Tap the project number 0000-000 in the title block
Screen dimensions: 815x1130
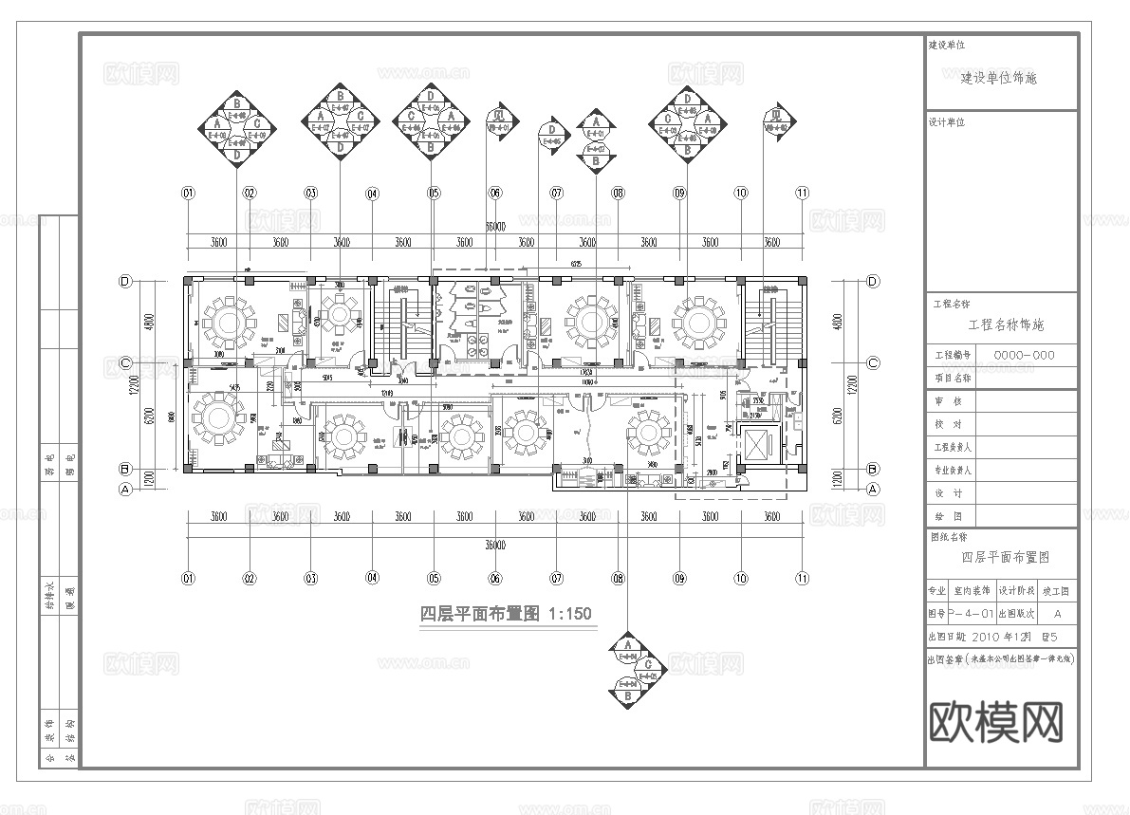click(x=1023, y=355)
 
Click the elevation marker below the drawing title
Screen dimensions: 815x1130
click(x=627, y=670)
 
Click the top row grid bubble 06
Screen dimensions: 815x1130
click(x=494, y=193)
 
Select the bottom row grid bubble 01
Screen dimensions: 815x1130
click(x=188, y=577)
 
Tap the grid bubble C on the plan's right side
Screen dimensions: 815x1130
click(x=873, y=362)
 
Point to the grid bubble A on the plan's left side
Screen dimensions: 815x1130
click(x=123, y=490)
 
